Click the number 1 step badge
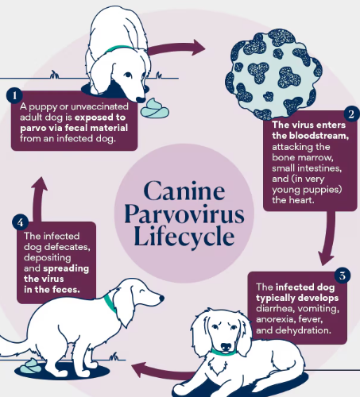pos(14,95)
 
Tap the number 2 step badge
pos(351,114)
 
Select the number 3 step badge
pos(343,276)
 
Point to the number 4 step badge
pos(20,222)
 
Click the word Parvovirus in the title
pos(184,215)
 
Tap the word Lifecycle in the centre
pos(184,237)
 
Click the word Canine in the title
pos(184,191)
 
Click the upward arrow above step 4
pos(38,198)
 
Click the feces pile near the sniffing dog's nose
pos(155,108)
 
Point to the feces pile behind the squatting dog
pos(30,366)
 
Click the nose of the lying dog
pos(226,347)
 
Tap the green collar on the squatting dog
pos(110,303)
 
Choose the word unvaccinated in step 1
pos(100,106)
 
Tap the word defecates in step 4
pos(68,247)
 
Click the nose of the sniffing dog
pos(140,99)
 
